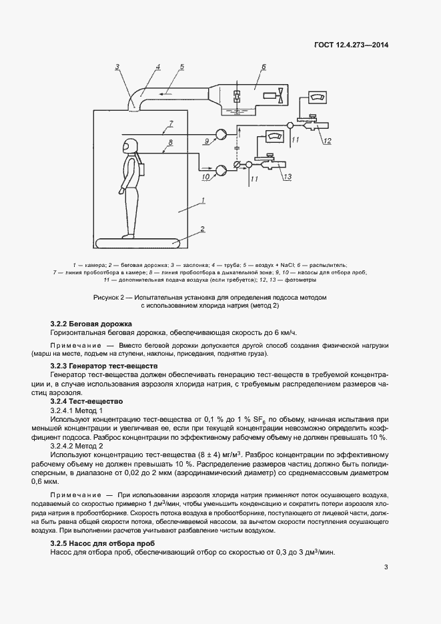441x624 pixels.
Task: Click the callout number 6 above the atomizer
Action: [x=263, y=67]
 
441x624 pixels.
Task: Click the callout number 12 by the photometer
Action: [x=326, y=139]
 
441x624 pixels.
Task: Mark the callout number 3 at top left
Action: [x=117, y=66]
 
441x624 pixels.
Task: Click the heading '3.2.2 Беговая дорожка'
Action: [x=91, y=324]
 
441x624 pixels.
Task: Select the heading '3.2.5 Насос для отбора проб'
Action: [x=102, y=544]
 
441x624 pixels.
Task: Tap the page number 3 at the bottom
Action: [x=386, y=568]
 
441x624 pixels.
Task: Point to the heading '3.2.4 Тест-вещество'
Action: [x=87, y=401]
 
